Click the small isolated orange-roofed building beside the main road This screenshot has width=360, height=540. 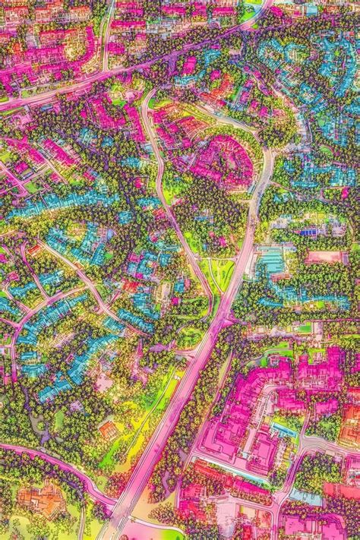[109, 430]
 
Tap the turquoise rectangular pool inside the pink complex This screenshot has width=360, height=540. [284, 430]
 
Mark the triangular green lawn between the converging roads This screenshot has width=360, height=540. [220, 273]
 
